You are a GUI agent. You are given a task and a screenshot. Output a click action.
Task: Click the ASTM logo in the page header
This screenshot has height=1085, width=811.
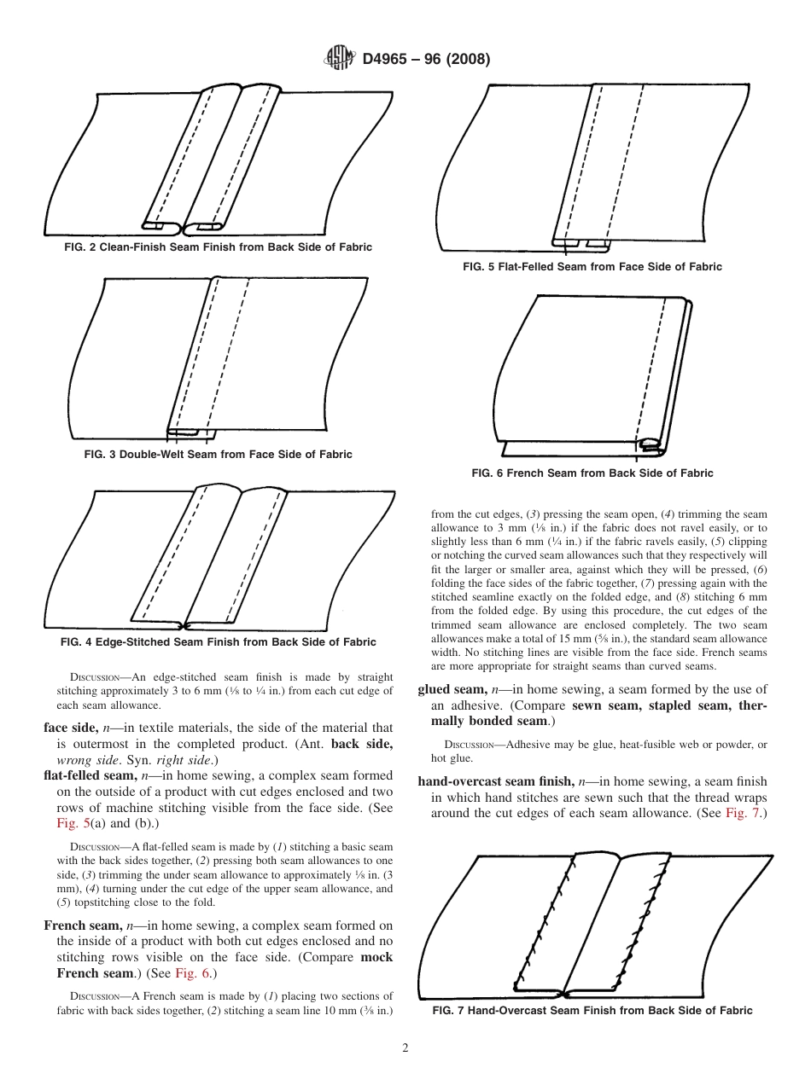tap(341, 59)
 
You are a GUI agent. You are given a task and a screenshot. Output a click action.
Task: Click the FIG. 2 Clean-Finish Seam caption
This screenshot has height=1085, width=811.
tap(218, 247)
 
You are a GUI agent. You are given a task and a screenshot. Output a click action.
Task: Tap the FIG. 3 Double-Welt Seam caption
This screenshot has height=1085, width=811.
tap(218, 454)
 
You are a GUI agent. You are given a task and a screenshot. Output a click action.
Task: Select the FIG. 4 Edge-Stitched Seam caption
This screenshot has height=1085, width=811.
tap(219, 641)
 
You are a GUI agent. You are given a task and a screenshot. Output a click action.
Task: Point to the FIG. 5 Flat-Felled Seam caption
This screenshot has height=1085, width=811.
tap(592, 267)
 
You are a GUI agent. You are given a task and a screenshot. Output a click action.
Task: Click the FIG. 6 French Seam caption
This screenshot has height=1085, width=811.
tap(592, 473)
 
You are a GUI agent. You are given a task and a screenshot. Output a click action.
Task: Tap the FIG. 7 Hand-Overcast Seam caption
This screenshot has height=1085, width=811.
tap(592, 1011)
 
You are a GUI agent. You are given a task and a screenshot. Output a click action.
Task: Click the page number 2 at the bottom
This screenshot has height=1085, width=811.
tap(405, 1048)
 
